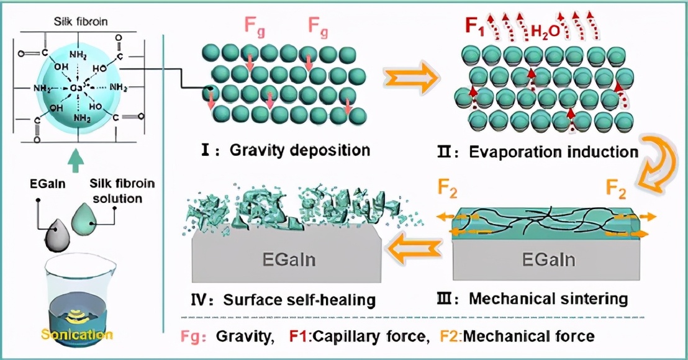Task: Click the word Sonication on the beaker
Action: click(78, 335)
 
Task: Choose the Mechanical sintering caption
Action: click(539, 299)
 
